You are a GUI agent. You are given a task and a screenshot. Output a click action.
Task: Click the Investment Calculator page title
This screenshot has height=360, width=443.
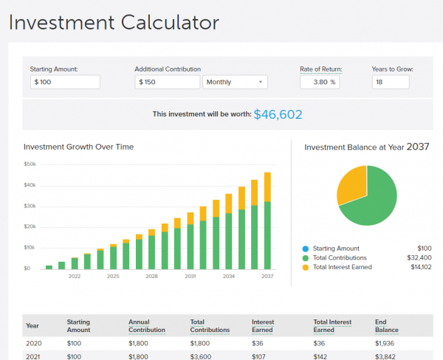pyautogui.click(x=114, y=22)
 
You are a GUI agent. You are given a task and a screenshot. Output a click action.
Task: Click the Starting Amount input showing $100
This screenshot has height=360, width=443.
pyautogui.click(x=65, y=82)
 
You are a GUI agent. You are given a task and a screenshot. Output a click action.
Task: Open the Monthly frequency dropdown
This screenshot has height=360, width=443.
pyautogui.click(x=235, y=82)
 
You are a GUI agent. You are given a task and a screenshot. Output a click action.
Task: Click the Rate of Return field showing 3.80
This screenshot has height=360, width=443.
pyautogui.click(x=319, y=82)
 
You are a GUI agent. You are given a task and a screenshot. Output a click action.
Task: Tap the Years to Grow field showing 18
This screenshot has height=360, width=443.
pyautogui.click(x=391, y=82)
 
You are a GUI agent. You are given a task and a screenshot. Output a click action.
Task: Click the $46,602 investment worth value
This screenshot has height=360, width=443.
pyautogui.click(x=278, y=114)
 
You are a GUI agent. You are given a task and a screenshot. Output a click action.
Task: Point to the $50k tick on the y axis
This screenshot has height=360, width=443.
pyautogui.click(x=30, y=164)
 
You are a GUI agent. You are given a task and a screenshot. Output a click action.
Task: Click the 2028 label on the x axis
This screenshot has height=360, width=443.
pyautogui.click(x=151, y=277)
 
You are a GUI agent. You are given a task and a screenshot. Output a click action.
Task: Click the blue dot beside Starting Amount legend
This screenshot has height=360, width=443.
pyautogui.click(x=306, y=249)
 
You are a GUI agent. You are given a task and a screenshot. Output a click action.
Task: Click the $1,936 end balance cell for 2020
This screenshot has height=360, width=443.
pyautogui.click(x=387, y=343)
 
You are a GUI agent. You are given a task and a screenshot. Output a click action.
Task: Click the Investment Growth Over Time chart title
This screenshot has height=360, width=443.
pyautogui.click(x=78, y=147)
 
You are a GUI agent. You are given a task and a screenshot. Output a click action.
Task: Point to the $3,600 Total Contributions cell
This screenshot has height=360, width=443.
pyautogui.click(x=200, y=356)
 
